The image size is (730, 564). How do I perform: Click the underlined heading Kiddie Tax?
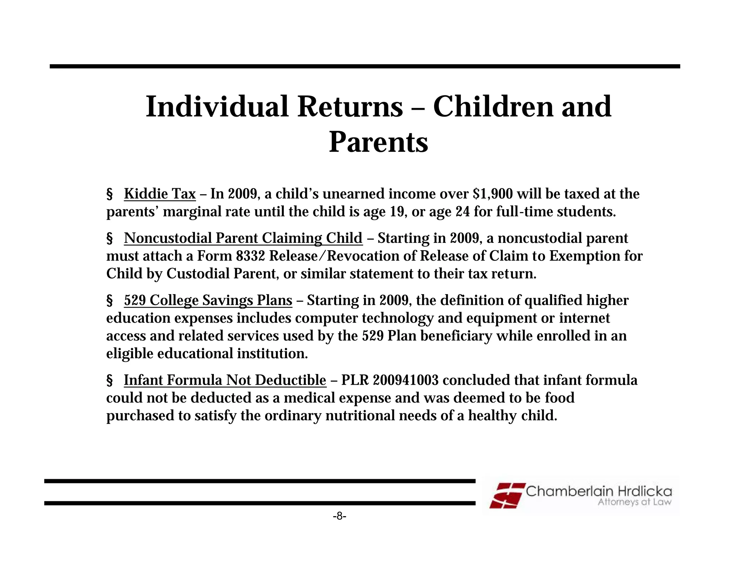(x=160, y=194)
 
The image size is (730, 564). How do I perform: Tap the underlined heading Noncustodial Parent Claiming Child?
(x=243, y=238)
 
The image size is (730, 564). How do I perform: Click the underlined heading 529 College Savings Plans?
(x=208, y=300)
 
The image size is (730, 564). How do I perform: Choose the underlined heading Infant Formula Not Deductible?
(x=225, y=380)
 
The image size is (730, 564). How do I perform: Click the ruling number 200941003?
(x=406, y=380)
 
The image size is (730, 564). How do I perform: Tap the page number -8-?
(x=339, y=516)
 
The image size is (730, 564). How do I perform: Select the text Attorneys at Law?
(x=634, y=502)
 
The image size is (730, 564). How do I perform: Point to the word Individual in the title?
(x=217, y=107)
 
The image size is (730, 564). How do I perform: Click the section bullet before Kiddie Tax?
(x=110, y=194)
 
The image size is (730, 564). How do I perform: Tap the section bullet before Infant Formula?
(x=110, y=380)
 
